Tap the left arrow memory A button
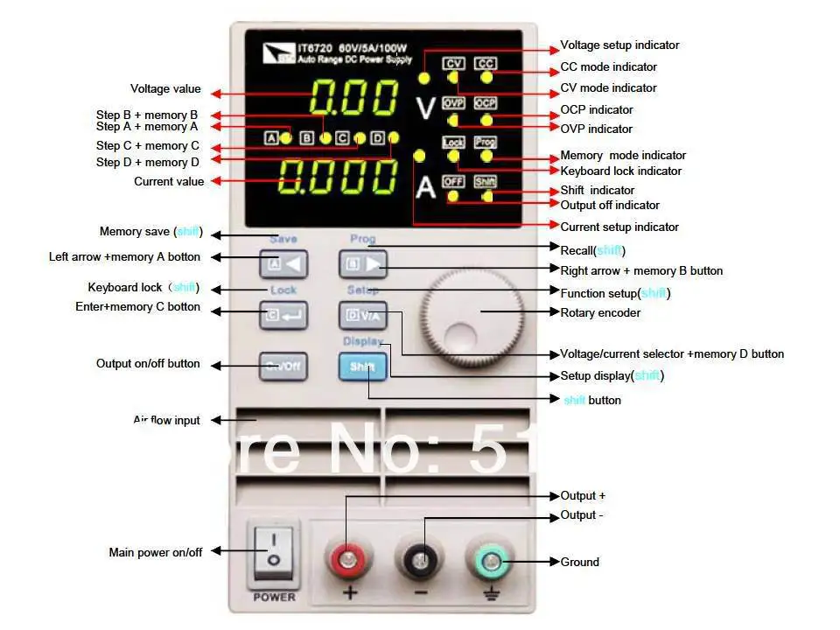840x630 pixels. pyautogui.click(x=283, y=262)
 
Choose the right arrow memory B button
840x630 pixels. pyautogui.click(x=362, y=262)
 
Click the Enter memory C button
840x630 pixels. pyautogui.click(x=283, y=315)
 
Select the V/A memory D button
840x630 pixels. pyautogui.click(x=362, y=315)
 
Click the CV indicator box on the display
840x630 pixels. pyautogui.click(x=453, y=63)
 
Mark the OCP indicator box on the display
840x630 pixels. pyautogui.click(x=486, y=103)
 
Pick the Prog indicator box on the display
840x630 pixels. pyautogui.click(x=486, y=142)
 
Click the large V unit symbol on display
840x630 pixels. pyautogui.click(x=425, y=108)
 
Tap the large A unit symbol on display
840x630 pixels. pyautogui.click(x=425, y=186)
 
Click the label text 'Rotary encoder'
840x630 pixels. pyautogui.click(x=600, y=312)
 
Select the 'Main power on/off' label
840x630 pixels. pyautogui.click(x=155, y=552)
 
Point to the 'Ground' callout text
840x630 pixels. pyautogui.click(x=579, y=562)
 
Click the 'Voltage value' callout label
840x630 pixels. pyautogui.click(x=165, y=88)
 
